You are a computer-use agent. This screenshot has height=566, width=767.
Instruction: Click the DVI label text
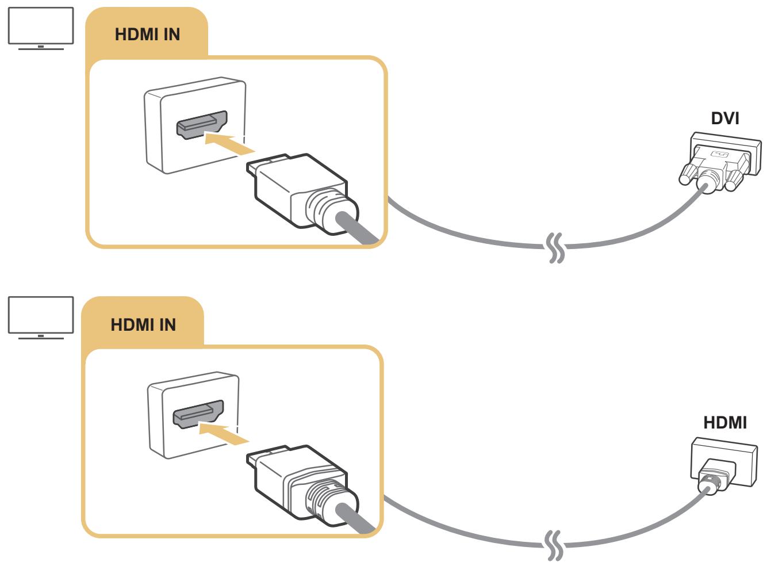pyautogui.click(x=725, y=118)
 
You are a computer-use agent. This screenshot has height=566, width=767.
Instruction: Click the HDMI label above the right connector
pyautogui.click(x=725, y=422)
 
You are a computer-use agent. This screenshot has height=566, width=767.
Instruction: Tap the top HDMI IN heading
pyautogui.click(x=148, y=35)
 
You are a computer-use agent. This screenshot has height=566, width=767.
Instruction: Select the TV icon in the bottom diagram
pyautogui.click(x=40, y=316)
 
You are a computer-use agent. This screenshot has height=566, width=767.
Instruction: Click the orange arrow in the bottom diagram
pyautogui.click(x=224, y=432)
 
